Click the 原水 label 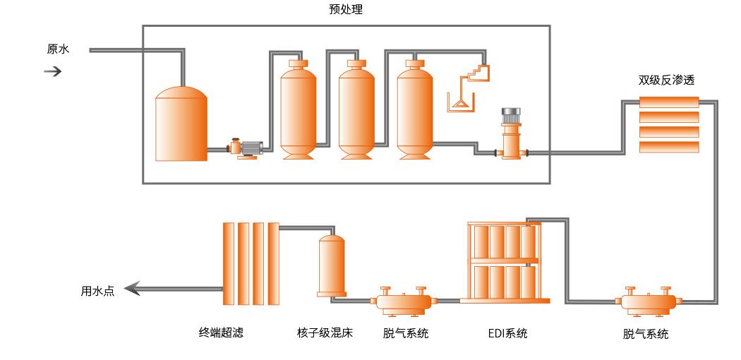[58, 49]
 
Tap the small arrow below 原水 [53, 71]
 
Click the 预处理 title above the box [346, 9]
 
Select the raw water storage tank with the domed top [181, 124]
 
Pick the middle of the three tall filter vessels [356, 110]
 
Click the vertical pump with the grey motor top [510, 133]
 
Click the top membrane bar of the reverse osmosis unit [669, 102]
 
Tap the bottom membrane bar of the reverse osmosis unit [669, 147]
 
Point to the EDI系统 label [507, 334]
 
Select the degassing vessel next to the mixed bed [406, 301]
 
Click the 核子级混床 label [325, 333]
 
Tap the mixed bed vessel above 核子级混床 [331, 265]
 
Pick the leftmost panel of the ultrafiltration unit [228, 263]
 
